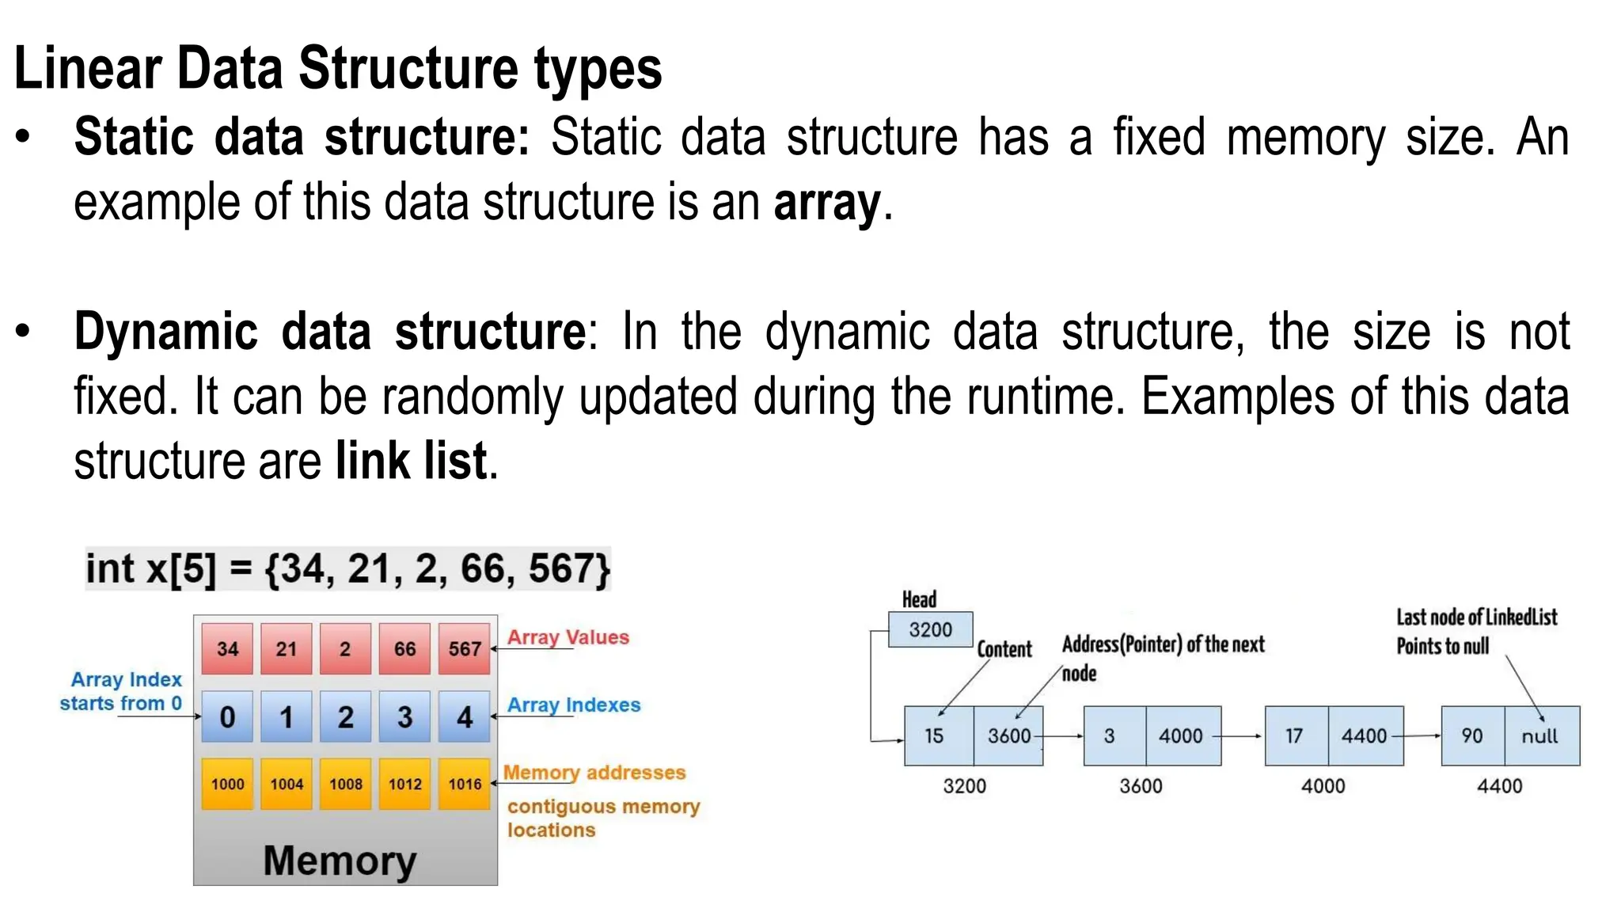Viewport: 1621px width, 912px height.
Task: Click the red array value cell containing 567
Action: click(465, 649)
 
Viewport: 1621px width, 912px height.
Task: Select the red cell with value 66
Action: click(404, 649)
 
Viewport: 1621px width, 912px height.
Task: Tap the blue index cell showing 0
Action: click(227, 716)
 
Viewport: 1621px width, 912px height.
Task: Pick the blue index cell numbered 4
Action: click(465, 716)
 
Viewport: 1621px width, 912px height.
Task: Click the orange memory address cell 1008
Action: click(346, 784)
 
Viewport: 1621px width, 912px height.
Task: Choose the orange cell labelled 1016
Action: click(465, 784)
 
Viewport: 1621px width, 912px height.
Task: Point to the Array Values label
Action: click(568, 637)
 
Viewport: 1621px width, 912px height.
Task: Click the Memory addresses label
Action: click(594, 772)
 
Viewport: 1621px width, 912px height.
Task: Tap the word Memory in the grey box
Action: click(340, 860)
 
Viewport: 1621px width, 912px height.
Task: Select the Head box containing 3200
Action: click(930, 629)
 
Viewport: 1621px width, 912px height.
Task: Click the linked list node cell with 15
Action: click(935, 735)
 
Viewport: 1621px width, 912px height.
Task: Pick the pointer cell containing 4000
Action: click(1181, 735)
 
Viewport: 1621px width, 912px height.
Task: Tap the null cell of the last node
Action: click(1539, 735)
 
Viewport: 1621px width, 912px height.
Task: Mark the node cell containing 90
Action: click(1472, 735)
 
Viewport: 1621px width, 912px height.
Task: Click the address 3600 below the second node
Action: click(1141, 786)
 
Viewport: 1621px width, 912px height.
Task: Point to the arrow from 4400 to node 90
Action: click(1417, 735)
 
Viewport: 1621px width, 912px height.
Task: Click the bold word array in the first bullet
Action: click(827, 203)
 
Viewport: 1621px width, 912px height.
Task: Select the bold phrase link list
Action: click(411, 461)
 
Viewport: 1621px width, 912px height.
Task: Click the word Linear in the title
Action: click(88, 69)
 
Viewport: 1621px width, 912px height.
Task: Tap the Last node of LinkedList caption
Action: click(1476, 617)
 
